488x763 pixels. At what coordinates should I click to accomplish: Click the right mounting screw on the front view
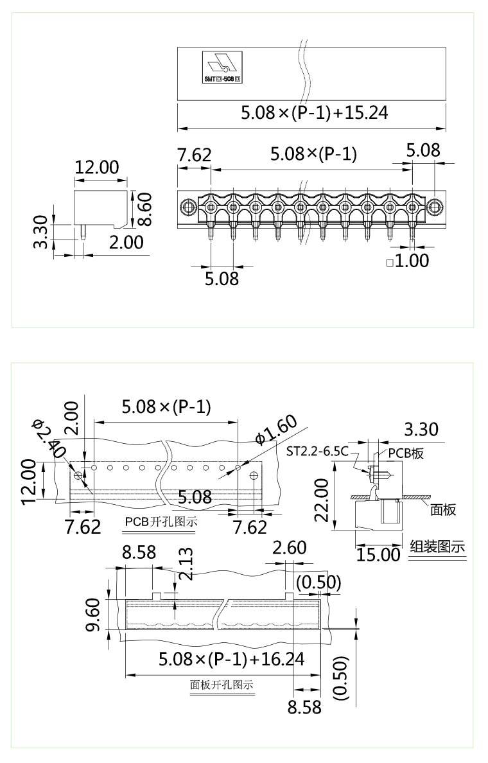coord(435,207)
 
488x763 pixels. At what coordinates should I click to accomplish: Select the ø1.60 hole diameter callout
coord(276,431)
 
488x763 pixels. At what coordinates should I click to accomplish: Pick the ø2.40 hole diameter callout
coord(49,439)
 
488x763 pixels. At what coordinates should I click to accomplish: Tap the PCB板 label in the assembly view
coord(406,453)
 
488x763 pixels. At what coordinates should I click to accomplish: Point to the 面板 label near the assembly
coord(443,509)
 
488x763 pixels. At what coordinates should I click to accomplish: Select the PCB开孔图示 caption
coord(161,522)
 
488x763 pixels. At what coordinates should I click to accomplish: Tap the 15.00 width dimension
coord(378,554)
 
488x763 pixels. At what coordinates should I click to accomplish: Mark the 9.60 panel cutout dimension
coord(93,615)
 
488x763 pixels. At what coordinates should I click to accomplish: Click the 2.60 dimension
coord(289,548)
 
